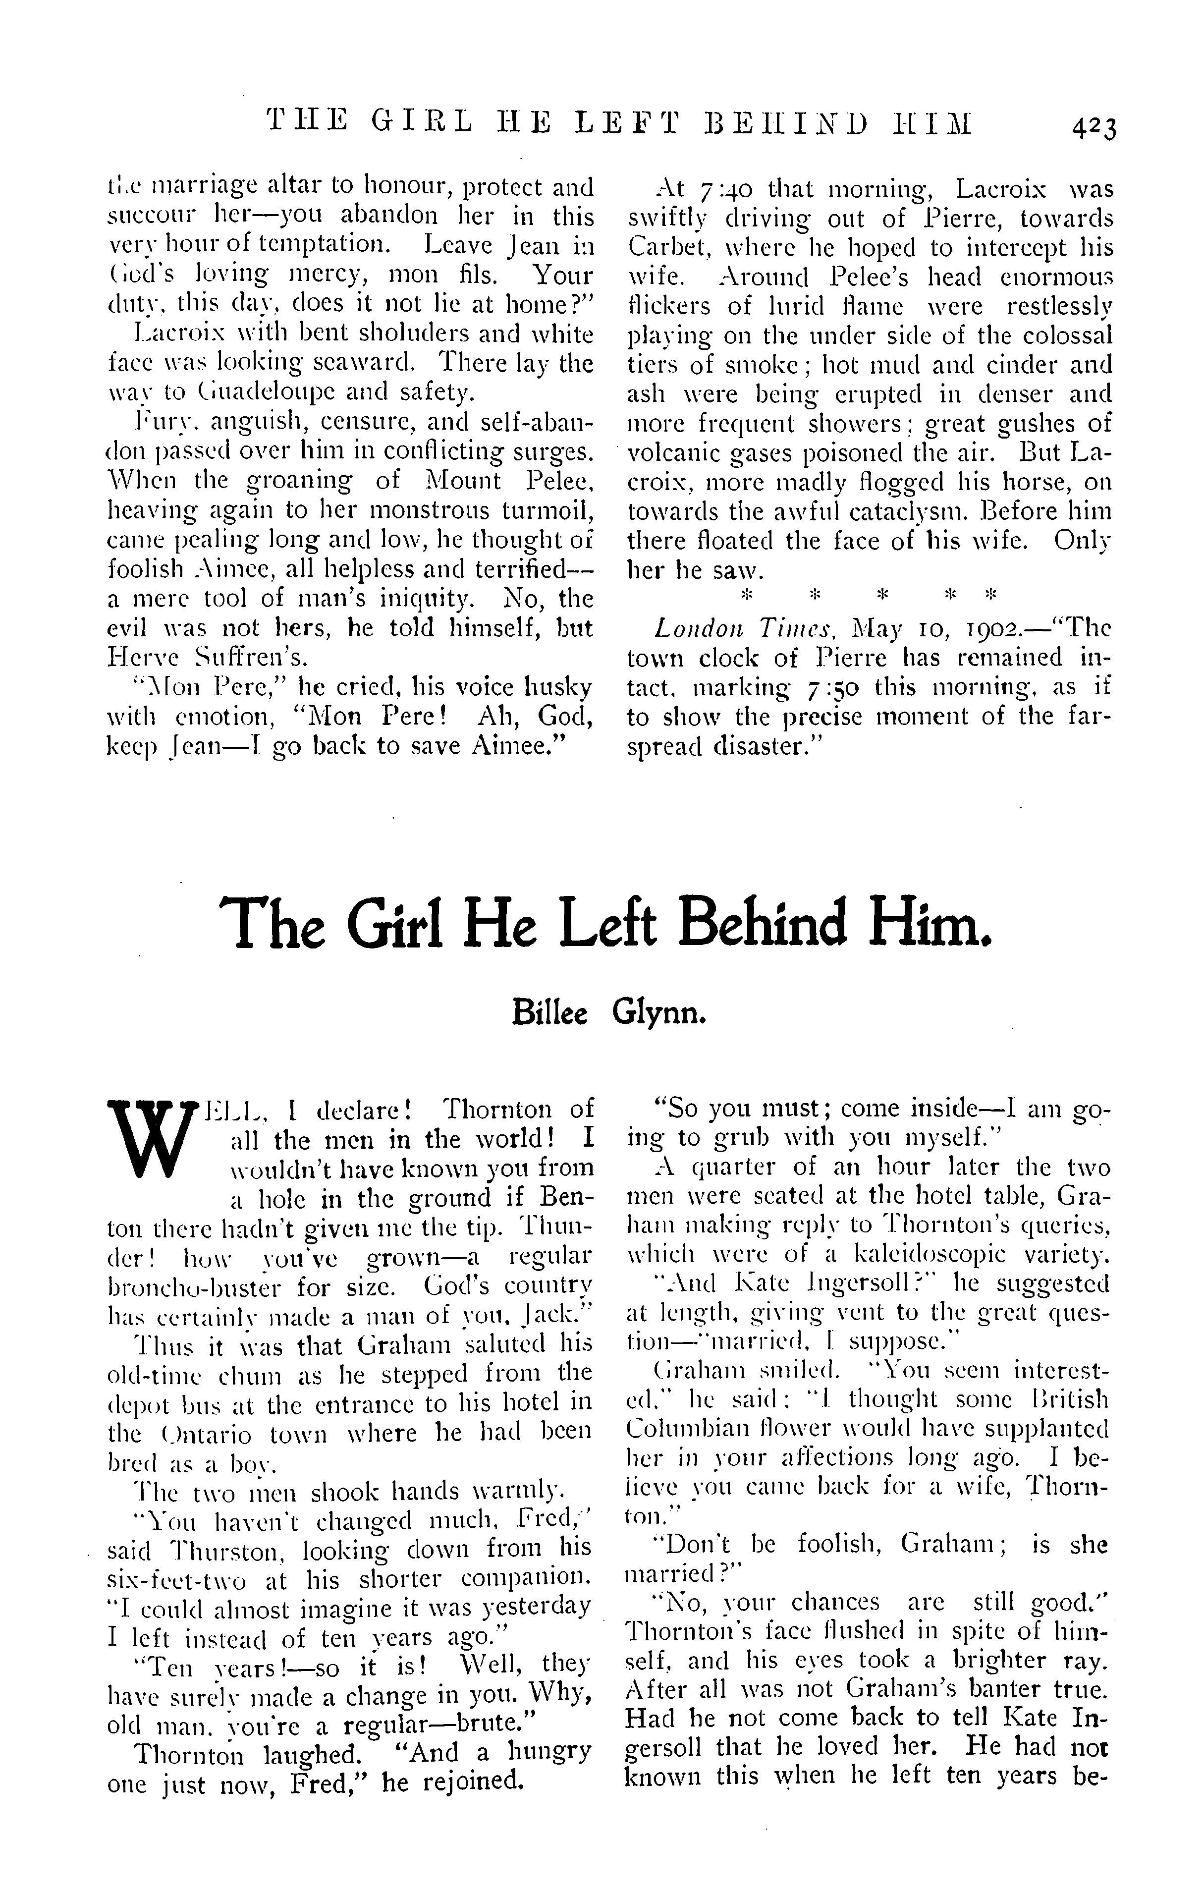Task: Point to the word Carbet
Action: tap(665, 248)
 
